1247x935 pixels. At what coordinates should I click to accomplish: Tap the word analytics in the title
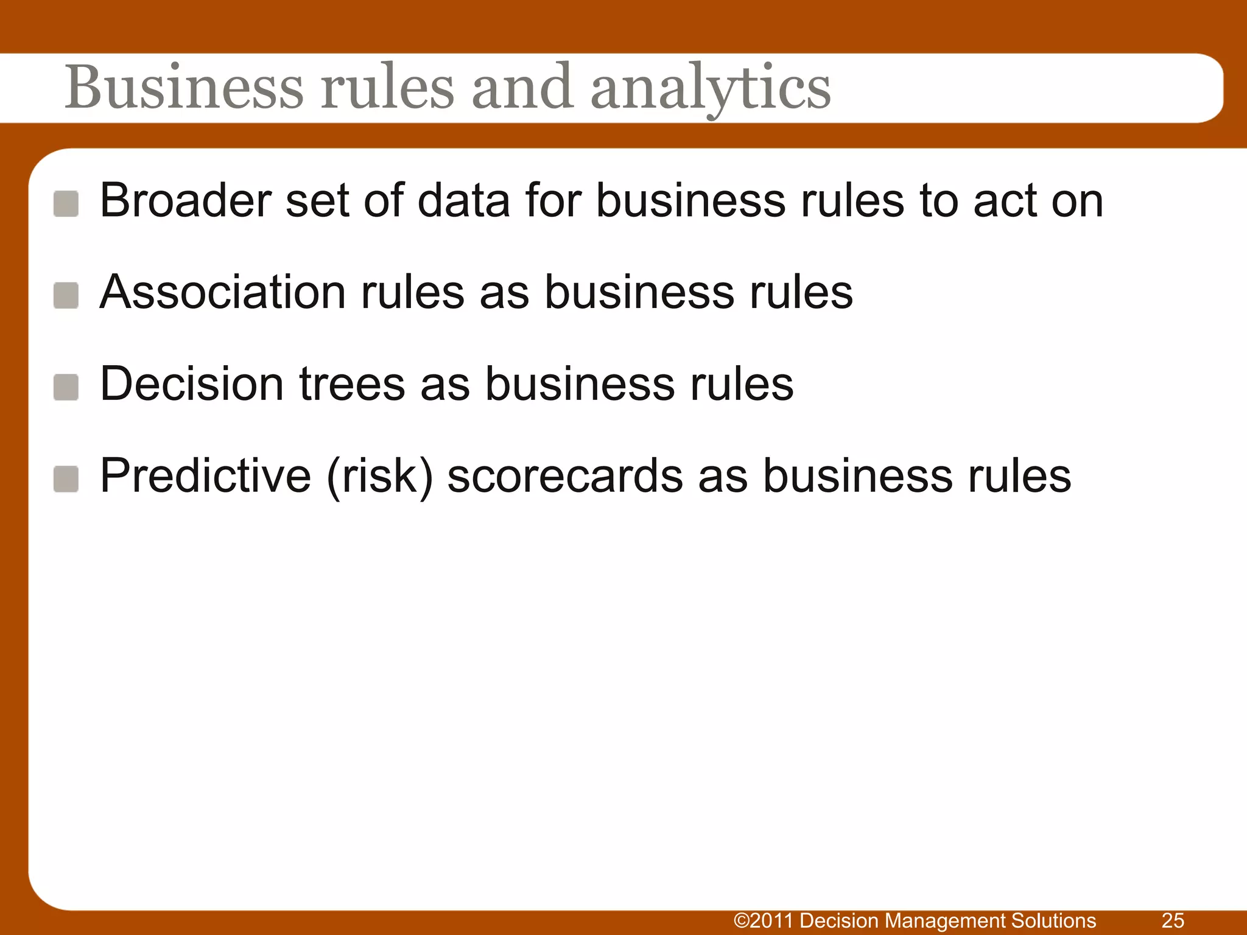coord(711,89)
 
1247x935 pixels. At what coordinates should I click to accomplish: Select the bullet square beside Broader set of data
coord(66,203)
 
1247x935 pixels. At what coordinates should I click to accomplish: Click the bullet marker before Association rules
coord(66,295)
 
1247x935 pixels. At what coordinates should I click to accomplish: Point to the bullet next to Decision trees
coord(66,387)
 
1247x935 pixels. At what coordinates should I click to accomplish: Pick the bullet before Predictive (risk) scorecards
coord(66,479)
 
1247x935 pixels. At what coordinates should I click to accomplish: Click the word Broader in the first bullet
coord(186,200)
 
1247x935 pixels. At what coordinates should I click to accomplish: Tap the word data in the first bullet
coord(463,200)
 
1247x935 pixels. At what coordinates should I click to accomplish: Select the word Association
coord(223,292)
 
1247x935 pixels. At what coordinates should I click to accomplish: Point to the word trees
coord(353,384)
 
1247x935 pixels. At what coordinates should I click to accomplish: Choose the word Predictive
coord(205,476)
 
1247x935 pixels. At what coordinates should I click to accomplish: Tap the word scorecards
coord(565,476)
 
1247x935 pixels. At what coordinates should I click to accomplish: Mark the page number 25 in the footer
coord(1173,920)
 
